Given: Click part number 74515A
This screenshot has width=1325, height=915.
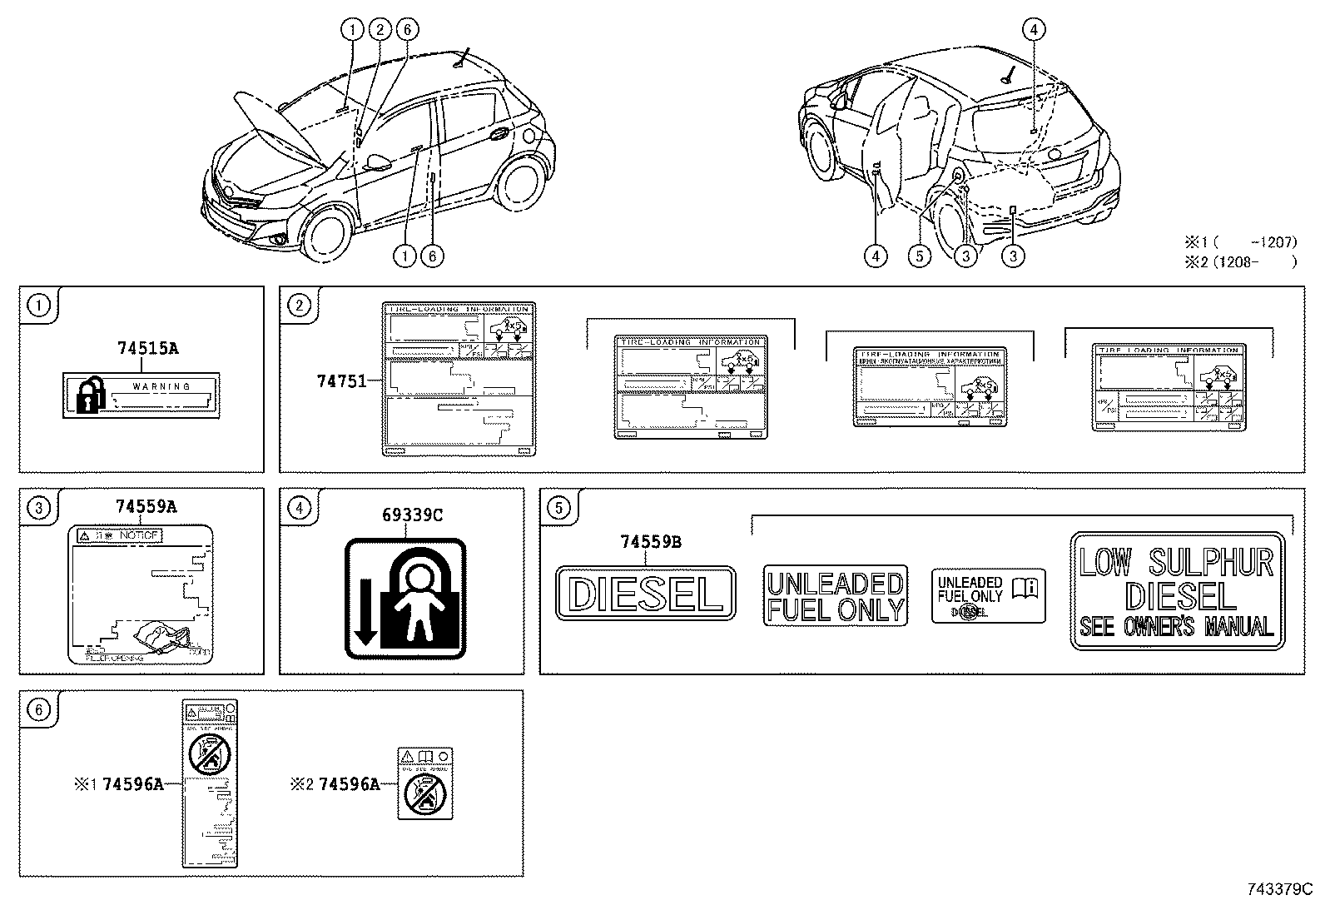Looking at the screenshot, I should click(x=146, y=349).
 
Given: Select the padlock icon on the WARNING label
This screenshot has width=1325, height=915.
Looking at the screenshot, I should click(x=91, y=395).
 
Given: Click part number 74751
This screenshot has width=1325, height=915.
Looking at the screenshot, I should click(x=340, y=381).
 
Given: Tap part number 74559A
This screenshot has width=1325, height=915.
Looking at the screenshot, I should click(x=146, y=506).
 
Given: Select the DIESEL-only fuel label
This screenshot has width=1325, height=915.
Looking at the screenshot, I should click(x=646, y=594).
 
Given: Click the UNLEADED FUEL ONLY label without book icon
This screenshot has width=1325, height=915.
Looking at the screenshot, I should click(x=835, y=596).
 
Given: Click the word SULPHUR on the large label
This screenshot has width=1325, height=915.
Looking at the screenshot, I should click(x=1212, y=564).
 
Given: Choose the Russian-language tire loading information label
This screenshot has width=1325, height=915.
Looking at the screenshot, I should click(x=930, y=387).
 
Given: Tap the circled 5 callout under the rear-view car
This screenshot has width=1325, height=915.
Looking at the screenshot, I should click(x=919, y=256).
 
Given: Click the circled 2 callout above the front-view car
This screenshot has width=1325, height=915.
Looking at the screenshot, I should click(x=380, y=30).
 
